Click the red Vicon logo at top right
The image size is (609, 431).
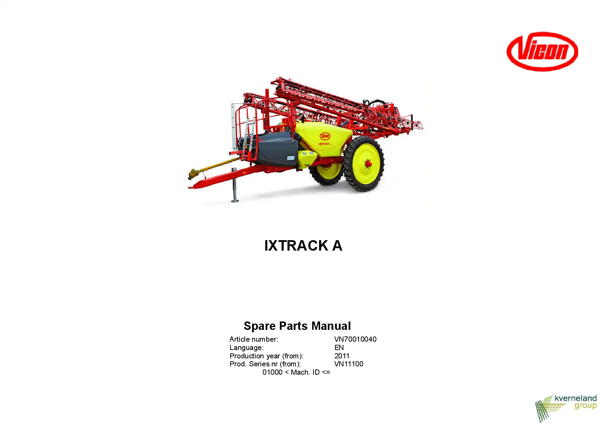tap(542, 51)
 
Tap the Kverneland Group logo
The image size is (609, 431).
tap(566, 408)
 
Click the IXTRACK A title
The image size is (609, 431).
tap(303, 246)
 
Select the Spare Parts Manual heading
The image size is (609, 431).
tap(297, 326)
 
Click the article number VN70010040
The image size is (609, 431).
tap(355, 339)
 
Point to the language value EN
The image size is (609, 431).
tap(339, 348)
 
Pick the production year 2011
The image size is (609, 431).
tap(342, 356)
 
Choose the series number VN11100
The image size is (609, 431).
tap(349, 364)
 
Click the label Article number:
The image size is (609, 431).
tap(254, 339)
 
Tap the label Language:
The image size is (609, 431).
tap(247, 348)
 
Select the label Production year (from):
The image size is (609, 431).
tap(266, 356)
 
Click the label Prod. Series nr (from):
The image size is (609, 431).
tap(265, 364)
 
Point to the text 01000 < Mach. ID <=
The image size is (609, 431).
tap(296, 372)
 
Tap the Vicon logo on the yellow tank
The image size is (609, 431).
tap(325, 136)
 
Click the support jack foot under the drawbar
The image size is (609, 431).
tap(235, 200)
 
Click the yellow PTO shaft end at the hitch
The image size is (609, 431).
tap(193, 173)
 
